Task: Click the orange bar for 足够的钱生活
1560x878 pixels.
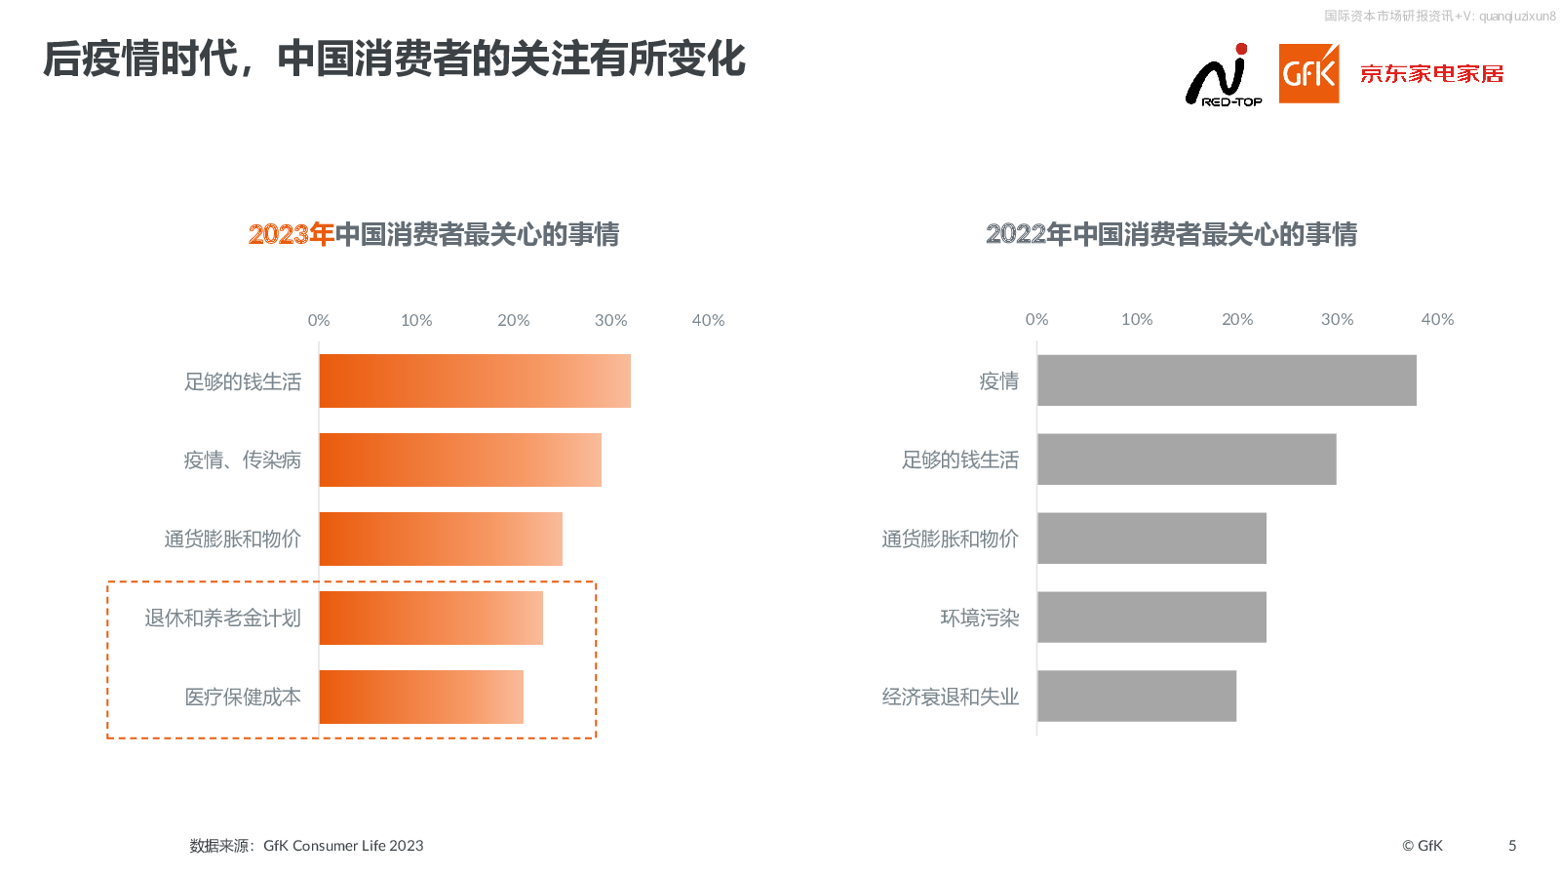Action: point(475,381)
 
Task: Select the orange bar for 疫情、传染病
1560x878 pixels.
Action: point(460,460)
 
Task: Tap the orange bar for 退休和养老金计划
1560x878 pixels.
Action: point(431,619)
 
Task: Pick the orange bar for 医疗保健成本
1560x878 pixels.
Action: point(421,698)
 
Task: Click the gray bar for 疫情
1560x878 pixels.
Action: point(1227,380)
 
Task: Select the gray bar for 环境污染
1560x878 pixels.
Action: point(1151,618)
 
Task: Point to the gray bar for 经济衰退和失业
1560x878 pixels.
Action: point(1137,697)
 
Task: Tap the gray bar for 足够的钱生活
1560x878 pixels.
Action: point(1187,459)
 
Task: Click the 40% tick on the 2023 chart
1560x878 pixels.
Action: point(708,320)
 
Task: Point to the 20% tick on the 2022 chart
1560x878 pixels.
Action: point(1237,319)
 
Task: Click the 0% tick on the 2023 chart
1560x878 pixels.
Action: point(319,320)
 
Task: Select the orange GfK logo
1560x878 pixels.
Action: point(1308,73)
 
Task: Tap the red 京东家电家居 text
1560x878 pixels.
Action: point(1431,74)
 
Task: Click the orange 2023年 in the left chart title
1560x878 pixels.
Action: point(291,234)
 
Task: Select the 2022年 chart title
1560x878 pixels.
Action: point(1171,234)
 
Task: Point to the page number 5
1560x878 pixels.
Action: point(1512,846)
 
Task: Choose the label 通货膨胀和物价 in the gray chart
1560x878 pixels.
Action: point(950,539)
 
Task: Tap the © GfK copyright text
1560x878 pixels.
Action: point(1422,846)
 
